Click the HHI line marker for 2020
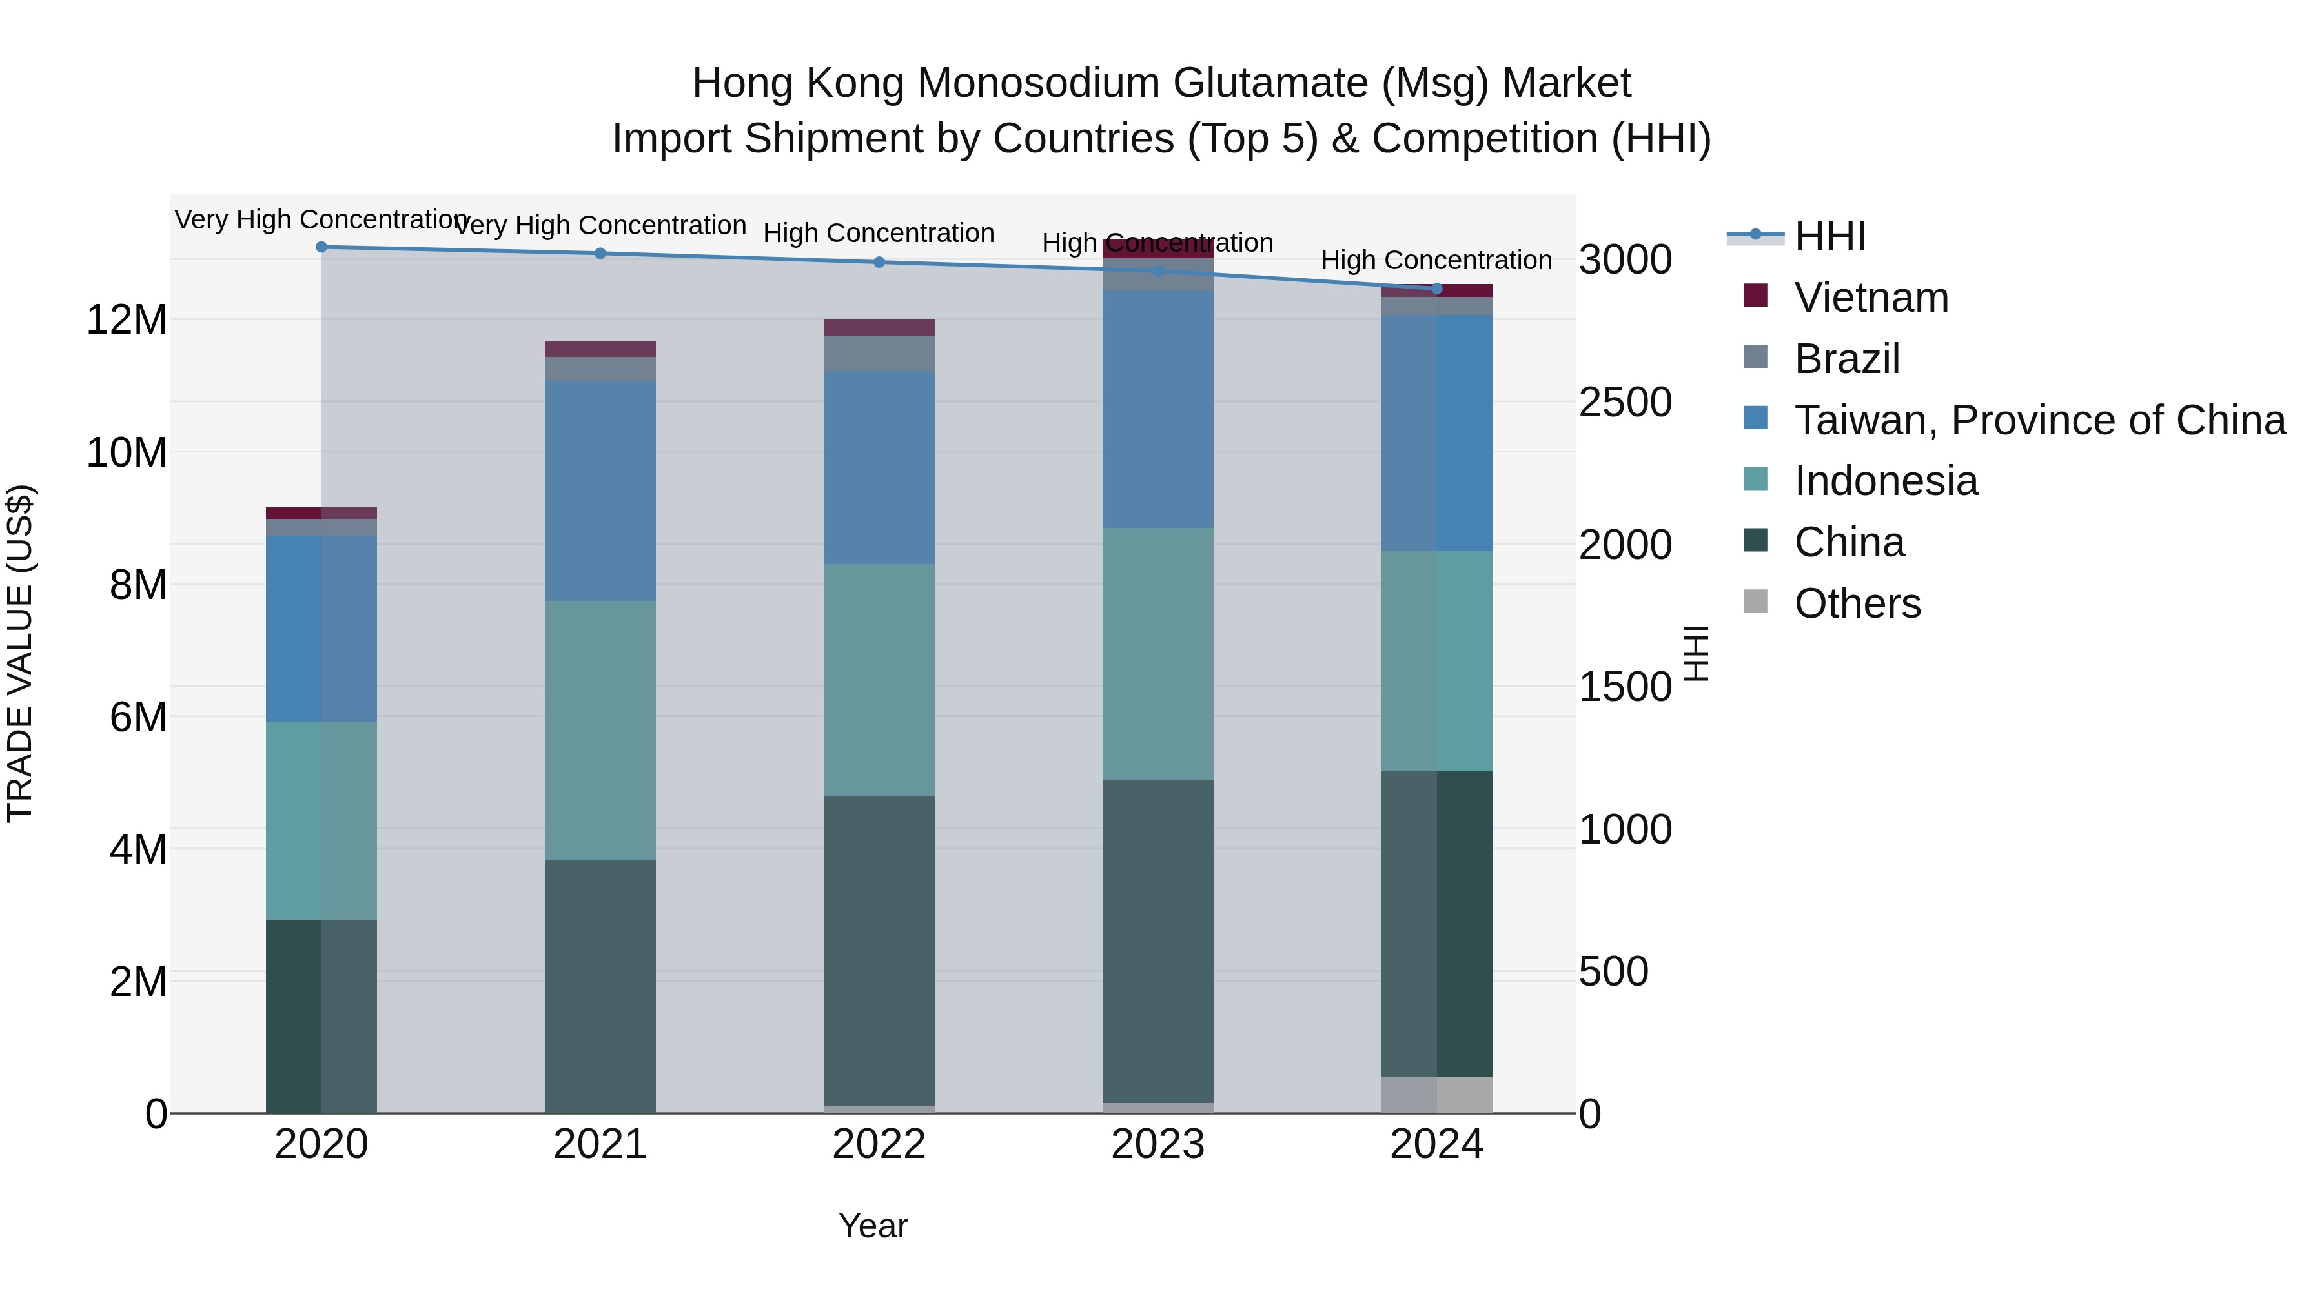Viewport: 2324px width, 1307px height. point(321,247)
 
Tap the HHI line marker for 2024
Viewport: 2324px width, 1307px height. point(1437,289)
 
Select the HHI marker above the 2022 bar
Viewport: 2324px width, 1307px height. point(880,263)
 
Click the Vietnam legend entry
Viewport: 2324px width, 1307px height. point(1870,298)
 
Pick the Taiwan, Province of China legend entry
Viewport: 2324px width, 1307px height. point(2039,420)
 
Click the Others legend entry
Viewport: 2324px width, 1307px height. point(1857,603)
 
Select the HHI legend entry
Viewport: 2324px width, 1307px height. point(1830,236)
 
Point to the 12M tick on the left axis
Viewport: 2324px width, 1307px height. point(127,319)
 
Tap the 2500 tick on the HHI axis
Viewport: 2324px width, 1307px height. point(1625,402)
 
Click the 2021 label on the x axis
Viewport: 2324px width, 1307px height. point(600,1144)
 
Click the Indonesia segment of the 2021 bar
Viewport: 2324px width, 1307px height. point(600,731)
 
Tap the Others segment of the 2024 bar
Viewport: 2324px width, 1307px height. point(1437,1095)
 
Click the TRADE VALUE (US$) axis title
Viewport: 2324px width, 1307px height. point(20,653)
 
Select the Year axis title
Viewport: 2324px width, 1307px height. point(872,1226)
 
